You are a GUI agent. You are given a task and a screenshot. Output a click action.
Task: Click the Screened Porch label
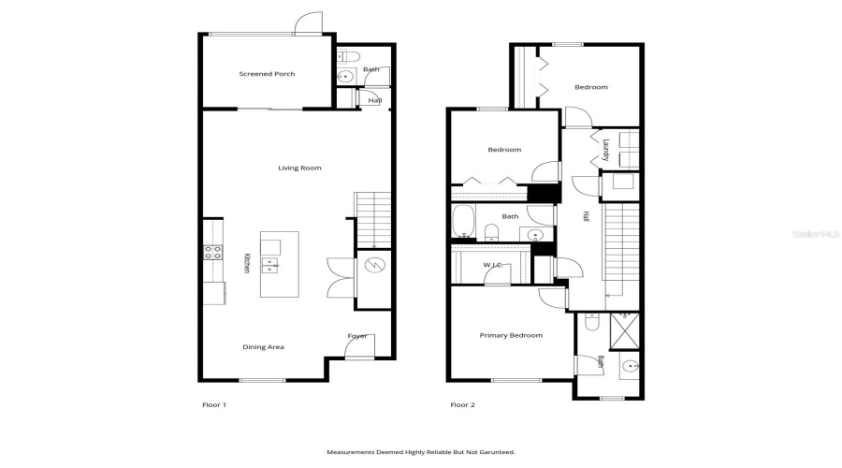267,74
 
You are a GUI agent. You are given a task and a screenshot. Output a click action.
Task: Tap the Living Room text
299,168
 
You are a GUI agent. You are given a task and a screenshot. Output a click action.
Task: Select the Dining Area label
263,347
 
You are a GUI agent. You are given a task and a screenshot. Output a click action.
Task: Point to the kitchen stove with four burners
212,251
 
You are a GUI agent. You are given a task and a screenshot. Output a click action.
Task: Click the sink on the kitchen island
270,265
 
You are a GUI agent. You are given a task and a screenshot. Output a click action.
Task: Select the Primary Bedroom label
511,335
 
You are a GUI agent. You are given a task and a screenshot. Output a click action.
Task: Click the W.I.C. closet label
493,266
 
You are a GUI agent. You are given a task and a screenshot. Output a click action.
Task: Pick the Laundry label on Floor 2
606,150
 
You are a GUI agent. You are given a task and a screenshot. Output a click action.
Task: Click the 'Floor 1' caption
214,405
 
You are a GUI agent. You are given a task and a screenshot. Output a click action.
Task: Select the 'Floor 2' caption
462,405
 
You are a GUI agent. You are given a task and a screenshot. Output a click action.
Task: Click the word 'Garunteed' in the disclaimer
494,452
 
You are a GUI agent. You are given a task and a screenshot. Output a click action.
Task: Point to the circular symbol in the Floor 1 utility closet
372,266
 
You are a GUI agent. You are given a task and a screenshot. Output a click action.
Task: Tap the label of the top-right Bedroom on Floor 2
590,87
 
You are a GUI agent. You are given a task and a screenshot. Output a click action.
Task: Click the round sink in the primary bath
631,366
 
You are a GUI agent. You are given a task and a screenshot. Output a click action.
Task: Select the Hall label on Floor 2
586,215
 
